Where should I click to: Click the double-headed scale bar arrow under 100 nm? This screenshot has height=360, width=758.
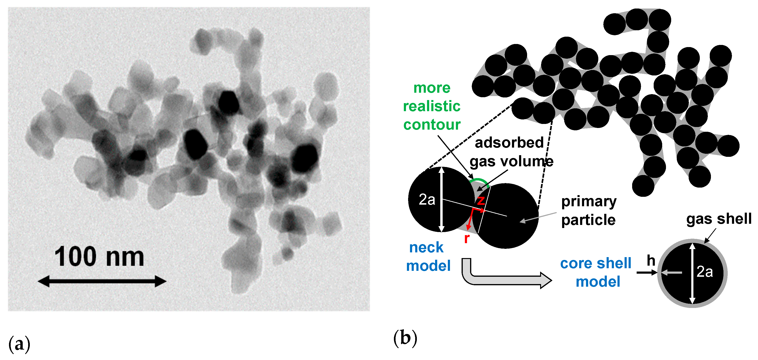point(102,281)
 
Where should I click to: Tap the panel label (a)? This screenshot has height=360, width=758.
point(19,343)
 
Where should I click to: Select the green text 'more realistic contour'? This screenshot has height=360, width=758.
point(432,106)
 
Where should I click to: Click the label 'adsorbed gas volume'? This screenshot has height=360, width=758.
point(511,152)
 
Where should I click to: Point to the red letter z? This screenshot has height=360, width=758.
point(480,201)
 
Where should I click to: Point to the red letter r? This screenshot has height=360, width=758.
point(466,238)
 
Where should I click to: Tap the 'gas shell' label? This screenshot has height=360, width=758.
point(718,219)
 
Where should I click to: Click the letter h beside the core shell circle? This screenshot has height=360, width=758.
point(651,261)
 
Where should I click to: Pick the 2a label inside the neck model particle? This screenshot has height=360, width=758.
point(427,200)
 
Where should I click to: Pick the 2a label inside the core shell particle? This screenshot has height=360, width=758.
point(705,272)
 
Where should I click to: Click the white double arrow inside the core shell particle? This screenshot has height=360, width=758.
point(692,273)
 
